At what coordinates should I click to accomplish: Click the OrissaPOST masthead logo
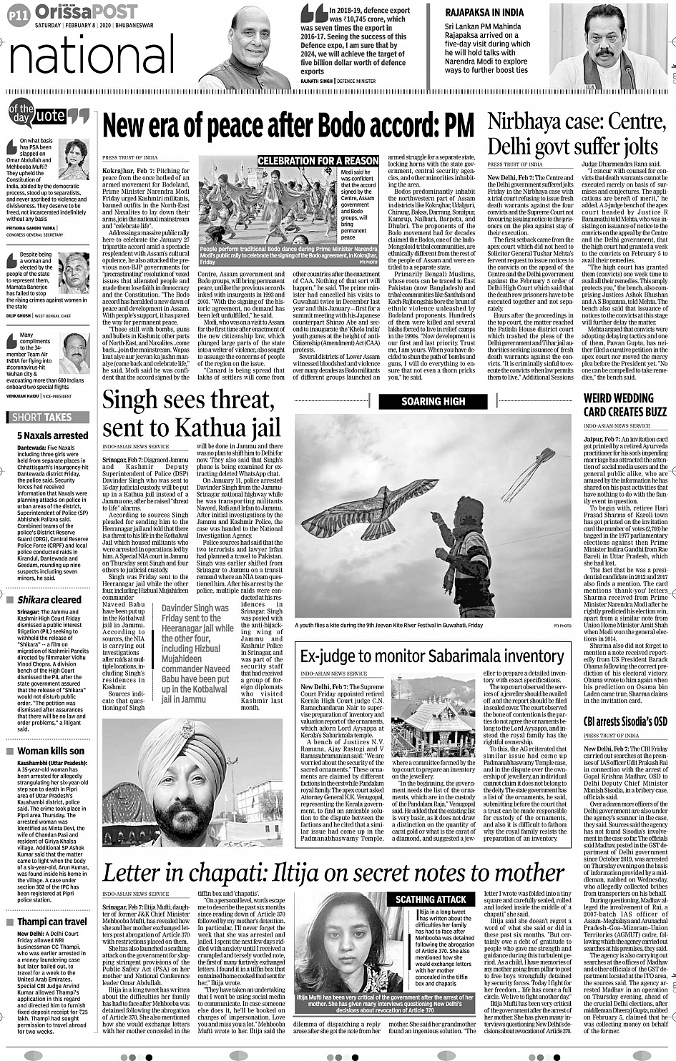[86, 11]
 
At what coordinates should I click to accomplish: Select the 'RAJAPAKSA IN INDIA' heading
[484, 12]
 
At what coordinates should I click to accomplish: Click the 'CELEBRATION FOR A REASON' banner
[318, 161]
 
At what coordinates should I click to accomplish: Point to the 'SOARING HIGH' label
[433, 401]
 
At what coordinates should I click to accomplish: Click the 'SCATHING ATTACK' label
[431, 899]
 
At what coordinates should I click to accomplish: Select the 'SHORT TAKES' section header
[42, 417]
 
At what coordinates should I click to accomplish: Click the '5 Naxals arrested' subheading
[52, 435]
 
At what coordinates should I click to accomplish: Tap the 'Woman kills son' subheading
[50, 751]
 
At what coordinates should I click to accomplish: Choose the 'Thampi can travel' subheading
[52, 922]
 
